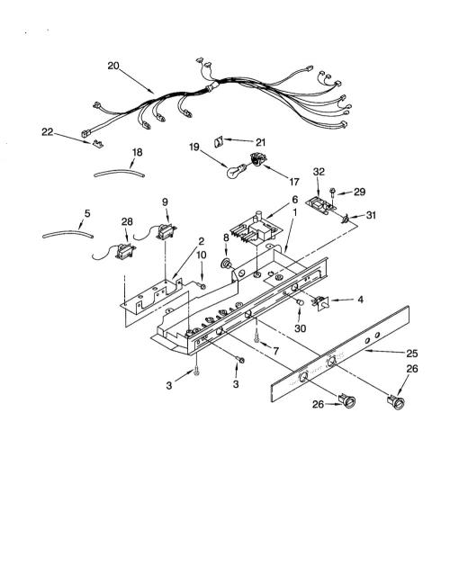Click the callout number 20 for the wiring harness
coord(113,66)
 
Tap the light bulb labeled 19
coord(236,171)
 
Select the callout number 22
coord(47,132)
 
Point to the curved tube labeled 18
coord(119,173)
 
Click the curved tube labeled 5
coord(67,234)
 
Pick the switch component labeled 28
coord(125,251)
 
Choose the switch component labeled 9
coord(166,231)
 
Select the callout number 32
coord(319,172)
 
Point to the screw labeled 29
coord(332,195)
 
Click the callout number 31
coord(371,215)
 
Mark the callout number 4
coord(360,300)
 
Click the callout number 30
coord(300,328)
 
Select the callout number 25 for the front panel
coord(412,354)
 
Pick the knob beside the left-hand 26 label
coord(346,401)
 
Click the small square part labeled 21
coord(219,141)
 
